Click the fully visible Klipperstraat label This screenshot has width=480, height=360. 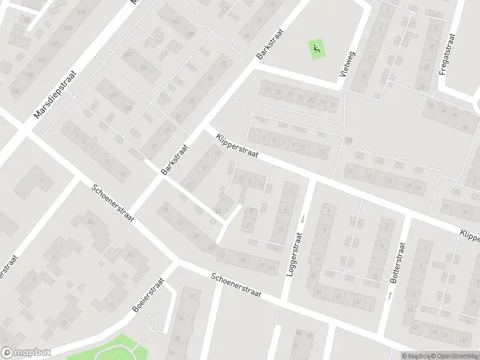237,146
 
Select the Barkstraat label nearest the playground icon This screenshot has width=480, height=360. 265,44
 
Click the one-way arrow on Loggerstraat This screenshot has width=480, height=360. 303,219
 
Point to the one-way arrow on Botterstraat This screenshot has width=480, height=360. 390,295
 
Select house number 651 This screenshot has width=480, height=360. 145,67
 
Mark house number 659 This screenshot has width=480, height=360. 113,95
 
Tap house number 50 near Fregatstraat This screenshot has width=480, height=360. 466,128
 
